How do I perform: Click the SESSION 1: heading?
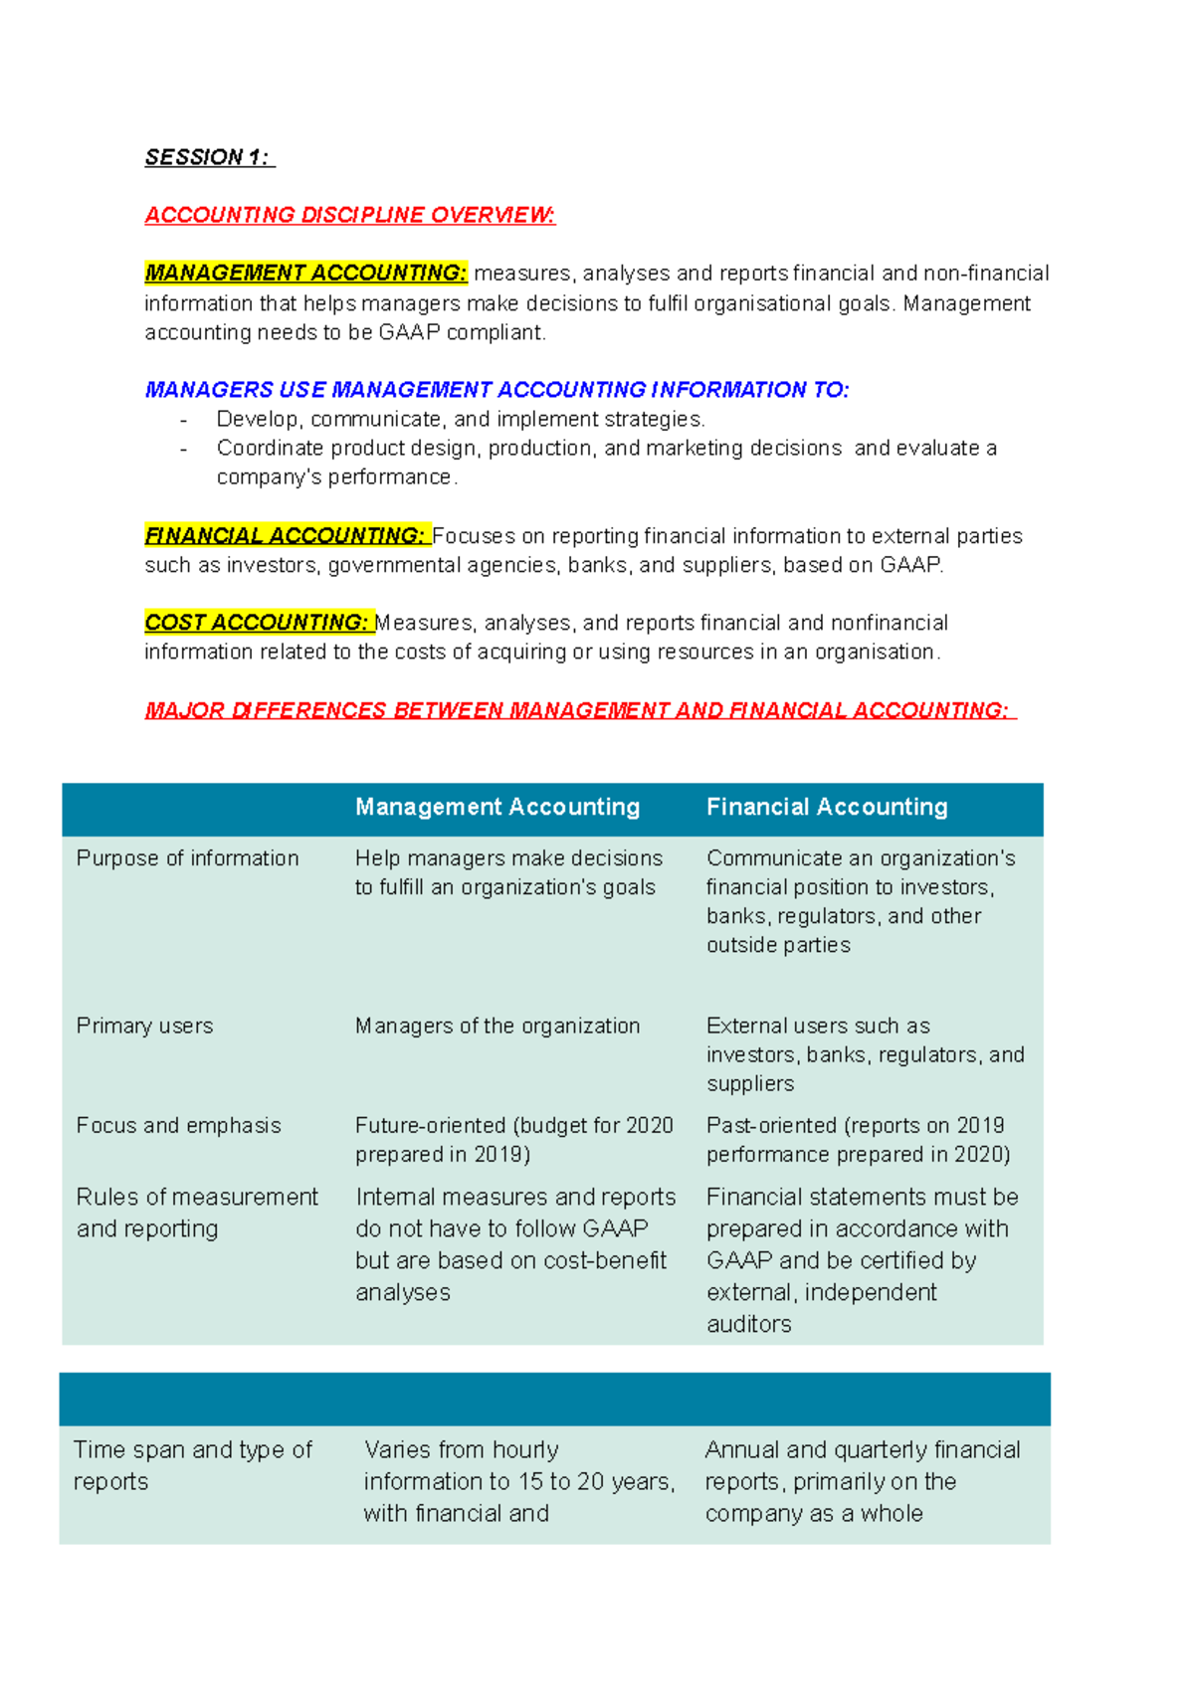tap(208, 157)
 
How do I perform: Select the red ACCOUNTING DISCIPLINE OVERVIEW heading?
tap(349, 215)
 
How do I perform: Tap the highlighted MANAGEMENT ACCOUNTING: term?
tap(305, 273)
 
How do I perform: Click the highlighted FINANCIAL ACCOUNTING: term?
tap(286, 535)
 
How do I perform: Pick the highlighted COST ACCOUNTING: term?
tap(258, 623)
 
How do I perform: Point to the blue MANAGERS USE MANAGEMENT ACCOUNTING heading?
tap(497, 390)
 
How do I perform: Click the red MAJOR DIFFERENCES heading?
tap(578, 710)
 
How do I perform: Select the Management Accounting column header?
tap(497, 807)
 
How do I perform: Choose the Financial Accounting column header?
tap(827, 807)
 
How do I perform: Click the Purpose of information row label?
tap(187, 858)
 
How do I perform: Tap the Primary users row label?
tap(145, 1026)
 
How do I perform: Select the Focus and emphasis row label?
tap(179, 1125)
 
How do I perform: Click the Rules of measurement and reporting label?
tap(197, 1213)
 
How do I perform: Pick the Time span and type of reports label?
tap(192, 1465)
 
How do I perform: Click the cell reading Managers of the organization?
tap(497, 1026)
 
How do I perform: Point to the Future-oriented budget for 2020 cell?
tap(513, 1140)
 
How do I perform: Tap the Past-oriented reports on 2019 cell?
tap(858, 1140)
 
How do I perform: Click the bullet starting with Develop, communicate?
tap(461, 419)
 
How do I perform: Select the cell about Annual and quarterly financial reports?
tap(862, 1481)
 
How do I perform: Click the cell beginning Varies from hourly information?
tap(518, 1481)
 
